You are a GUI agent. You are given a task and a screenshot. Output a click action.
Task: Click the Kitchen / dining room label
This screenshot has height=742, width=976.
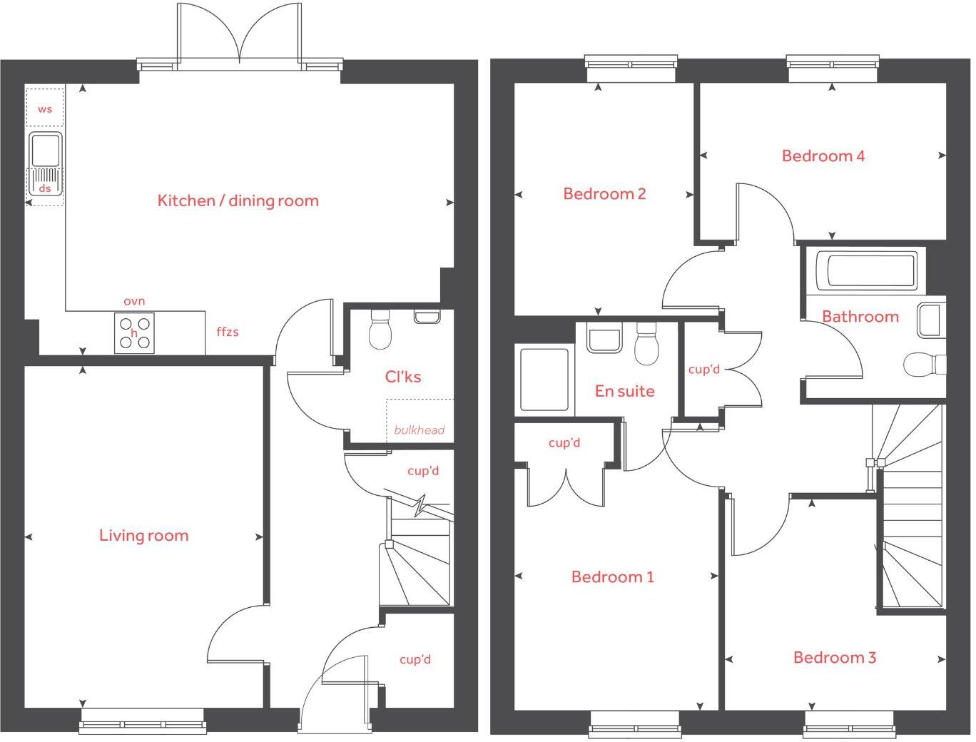238,200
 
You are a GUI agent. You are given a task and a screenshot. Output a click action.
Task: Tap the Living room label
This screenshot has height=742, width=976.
143,536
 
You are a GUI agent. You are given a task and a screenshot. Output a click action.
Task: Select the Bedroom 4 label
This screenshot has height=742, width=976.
823,156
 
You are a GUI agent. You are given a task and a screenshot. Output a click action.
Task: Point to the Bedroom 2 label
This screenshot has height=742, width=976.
604,193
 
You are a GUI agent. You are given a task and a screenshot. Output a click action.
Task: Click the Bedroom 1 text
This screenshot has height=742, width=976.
612,576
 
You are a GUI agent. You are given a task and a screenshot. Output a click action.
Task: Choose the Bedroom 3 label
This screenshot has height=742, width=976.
834,657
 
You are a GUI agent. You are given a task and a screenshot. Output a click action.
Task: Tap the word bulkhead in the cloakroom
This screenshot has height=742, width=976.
419,430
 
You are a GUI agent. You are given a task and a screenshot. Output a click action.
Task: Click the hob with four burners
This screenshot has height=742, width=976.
134,333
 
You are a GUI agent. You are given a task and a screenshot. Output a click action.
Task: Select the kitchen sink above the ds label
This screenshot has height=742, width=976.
46,151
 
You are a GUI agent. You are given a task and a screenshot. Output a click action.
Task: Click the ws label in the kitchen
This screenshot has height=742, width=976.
45,109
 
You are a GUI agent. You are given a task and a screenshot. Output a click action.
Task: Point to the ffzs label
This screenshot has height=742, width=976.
228,332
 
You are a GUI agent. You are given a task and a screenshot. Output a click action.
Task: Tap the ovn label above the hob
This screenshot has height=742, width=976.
134,301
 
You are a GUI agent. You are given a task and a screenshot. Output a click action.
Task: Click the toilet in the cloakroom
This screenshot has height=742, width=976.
380,332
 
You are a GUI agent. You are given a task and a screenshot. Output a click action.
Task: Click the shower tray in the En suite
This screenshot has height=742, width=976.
544,379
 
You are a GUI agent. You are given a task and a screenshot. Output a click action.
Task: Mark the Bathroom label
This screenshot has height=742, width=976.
860,316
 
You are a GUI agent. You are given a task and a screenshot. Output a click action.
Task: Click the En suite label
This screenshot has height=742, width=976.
624,391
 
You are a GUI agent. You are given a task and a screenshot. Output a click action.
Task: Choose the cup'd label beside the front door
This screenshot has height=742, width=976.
415,659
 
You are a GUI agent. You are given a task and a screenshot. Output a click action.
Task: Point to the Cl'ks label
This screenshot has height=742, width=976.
402,377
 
